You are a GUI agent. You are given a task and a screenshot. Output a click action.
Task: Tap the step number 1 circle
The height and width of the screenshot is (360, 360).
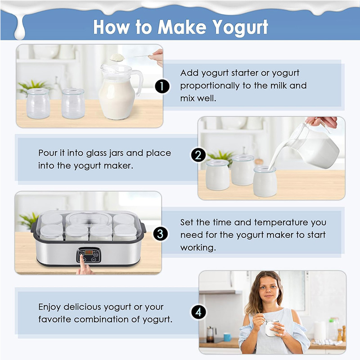coord(162,86)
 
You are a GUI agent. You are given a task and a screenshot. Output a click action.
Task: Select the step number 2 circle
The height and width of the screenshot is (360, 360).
coord(198,155)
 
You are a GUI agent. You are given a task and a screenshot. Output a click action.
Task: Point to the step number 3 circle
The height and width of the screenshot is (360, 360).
coord(161,234)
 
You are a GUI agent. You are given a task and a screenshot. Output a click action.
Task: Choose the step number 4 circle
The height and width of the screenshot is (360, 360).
coord(198,312)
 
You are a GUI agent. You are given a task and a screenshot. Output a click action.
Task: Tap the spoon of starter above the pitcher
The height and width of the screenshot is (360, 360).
coord(118,57)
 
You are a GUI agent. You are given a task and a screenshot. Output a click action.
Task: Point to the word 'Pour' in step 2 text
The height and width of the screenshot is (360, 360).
coord(47,153)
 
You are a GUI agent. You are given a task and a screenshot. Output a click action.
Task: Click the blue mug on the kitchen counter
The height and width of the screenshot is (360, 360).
coord(227,337)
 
